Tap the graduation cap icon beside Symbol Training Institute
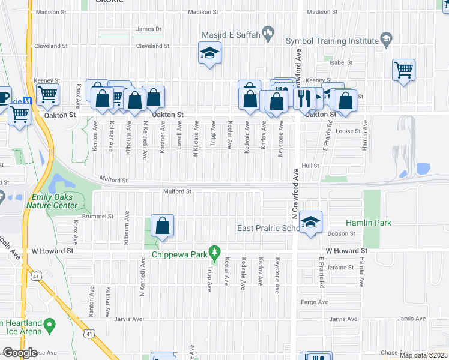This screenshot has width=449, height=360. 387,41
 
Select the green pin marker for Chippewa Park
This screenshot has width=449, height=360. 212,250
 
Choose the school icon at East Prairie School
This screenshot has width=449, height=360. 310,223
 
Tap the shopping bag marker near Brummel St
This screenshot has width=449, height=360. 162,226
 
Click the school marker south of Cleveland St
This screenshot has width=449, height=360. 210,55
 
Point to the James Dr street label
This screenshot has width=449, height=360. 149,29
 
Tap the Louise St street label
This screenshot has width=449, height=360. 348,131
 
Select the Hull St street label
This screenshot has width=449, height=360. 310,166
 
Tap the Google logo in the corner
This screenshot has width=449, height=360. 20,353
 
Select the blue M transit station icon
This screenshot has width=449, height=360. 27,102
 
